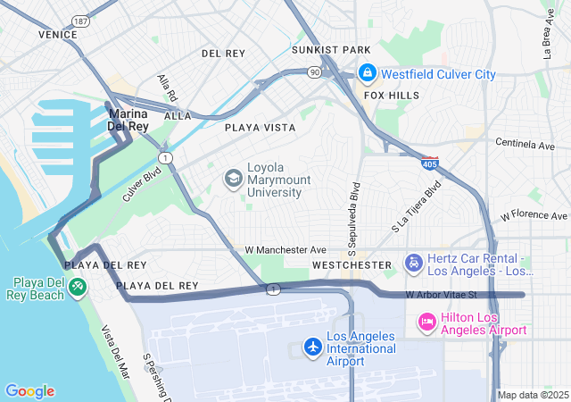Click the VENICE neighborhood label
pyautogui.click(x=58, y=34)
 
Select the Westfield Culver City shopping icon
pyautogui.click(x=366, y=72)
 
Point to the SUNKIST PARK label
pyautogui.click(x=335, y=50)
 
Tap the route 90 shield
pyautogui.click(x=314, y=71)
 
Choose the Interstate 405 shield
pyautogui.click(x=431, y=163)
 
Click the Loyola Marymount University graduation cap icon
pyautogui.click(x=233, y=178)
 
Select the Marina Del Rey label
pyautogui.click(x=128, y=121)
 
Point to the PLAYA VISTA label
pyautogui.click(x=260, y=128)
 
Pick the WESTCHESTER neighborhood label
pyautogui.click(x=352, y=265)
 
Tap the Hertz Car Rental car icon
pyautogui.click(x=413, y=263)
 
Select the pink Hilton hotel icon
pyautogui.click(x=427, y=321)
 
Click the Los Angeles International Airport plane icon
pyautogui.click(x=312, y=346)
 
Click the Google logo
pyautogui.click(x=29, y=391)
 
